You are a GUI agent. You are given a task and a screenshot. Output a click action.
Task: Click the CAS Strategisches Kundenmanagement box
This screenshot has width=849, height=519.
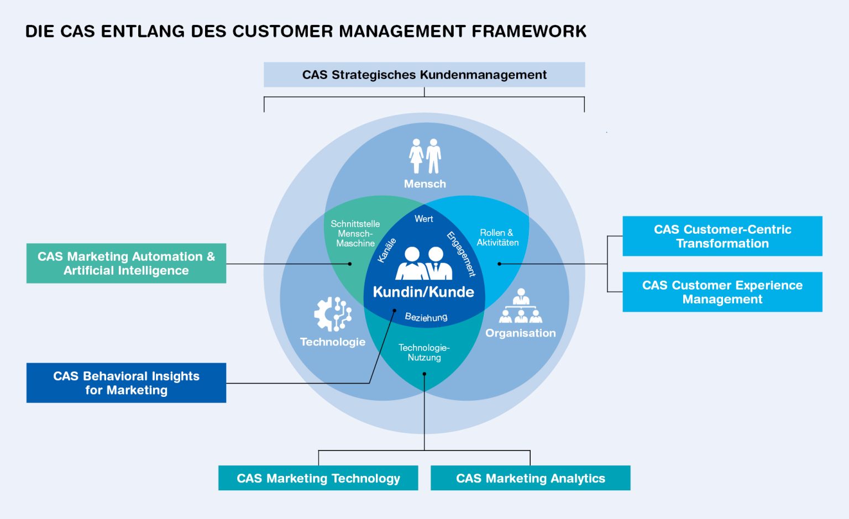pyautogui.click(x=424, y=75)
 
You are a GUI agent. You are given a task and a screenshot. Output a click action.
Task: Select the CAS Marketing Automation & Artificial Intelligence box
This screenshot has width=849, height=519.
pyautogui.click(x=126, y=264)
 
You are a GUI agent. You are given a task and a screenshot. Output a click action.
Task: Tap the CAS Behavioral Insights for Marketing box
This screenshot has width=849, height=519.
pyautogui.click(x=126, y=383)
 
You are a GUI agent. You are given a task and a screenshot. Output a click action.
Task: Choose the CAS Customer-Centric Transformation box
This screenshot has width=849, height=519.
pyautogui.click(x=722, y=237)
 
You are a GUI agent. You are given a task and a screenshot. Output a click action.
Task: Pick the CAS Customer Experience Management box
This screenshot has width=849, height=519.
pyautogui.click(x=722, y=292)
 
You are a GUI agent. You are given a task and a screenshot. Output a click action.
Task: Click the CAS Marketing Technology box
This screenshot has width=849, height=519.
pyautogui.click(x=318, y=478)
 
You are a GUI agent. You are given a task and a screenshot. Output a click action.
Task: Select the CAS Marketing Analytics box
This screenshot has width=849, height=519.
pyautogui.click(x=530, y=478)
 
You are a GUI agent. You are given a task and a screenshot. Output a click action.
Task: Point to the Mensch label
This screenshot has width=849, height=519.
pyautogui.click(x=424, y=184)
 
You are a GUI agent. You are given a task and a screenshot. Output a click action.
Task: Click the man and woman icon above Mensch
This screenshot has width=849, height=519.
pyautogui.click(x=425, y=156)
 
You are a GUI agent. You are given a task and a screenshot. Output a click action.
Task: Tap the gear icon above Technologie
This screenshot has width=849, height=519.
pyautogui.click(x=332, y=314)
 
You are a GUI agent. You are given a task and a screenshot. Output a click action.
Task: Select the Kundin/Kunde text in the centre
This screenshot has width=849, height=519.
pyautogui.click(x=423, y=292)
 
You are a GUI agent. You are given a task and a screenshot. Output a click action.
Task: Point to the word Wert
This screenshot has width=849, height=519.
pyautogui.click(x=424, y=219)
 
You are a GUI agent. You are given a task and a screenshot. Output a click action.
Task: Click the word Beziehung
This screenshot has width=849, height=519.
pyautogui.click(x=426, y=317)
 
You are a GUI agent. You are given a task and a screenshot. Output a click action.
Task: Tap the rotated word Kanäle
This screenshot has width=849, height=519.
pyautogui.click(x=387, y=250)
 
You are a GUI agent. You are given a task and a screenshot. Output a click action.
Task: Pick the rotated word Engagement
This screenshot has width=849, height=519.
pyautogui.click(x=461, y=254)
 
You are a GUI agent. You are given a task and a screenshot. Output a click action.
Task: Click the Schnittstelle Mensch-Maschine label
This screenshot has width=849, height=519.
pyautogui.click(x=355, y=234)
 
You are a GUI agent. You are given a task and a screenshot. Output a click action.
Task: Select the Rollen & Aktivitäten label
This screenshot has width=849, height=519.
pyautogui.click(x=497, y=238)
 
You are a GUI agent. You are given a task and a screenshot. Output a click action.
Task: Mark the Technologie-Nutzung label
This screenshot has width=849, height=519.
pyautogui.click(x=424, y=353)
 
